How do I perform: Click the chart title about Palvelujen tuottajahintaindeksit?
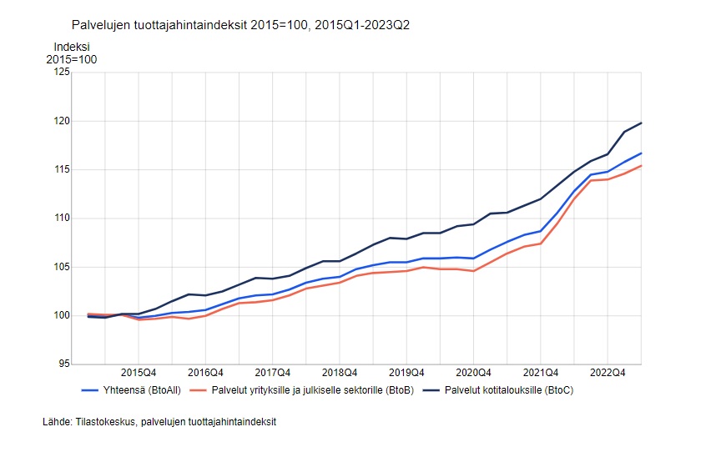[x=240, y=26]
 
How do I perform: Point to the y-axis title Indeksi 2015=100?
[x=72, y=53]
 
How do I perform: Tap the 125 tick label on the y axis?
[x=62, y=73]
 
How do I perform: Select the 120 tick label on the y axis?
[x=62, y=121]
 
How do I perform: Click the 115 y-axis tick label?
[x=62, y=169]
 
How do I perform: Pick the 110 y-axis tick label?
[x=62, y=218]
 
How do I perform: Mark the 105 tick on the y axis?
[x=62, y=267]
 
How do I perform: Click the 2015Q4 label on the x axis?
[x=139, y=373]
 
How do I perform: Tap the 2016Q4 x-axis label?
[x=205, y=373]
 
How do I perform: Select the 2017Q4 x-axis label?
[x=272, y=373]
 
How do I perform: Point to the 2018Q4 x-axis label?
[x=340, y=373]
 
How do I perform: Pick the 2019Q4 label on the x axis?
[x=406, y=373]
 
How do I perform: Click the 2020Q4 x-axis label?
[x=473, y=373]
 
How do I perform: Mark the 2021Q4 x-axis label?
[x=541, y=373]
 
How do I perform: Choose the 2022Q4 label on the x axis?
[x=608, y=373]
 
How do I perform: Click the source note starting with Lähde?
[x=159, y=422]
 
